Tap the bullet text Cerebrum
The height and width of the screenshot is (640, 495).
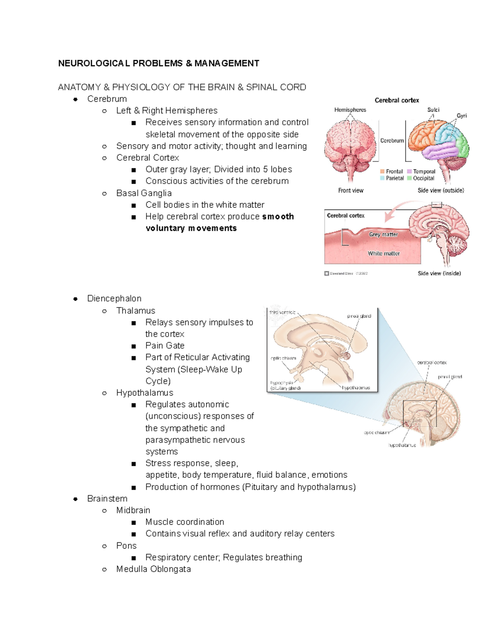(107, 99)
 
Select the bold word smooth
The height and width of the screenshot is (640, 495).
(278, 216)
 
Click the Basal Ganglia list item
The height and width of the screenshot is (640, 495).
(144, 193)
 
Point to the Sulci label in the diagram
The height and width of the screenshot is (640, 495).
(433, 110)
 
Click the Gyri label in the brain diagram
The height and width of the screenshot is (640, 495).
(462, 116)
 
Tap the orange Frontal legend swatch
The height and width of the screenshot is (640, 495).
(382, 171)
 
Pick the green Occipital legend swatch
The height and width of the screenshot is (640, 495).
(410, 178)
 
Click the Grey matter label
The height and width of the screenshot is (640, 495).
(383, 234)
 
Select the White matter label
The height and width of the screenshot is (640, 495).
(384, 253)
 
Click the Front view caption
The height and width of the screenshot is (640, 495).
(351, 190)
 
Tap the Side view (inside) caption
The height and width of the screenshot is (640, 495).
(439, 273)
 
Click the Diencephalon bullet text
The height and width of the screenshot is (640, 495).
(114, 298)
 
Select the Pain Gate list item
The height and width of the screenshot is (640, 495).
(165, 345)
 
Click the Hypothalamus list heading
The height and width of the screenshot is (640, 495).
(144, 393)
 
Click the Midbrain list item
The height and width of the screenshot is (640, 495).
(133, 510)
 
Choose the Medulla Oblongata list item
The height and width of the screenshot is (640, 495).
(153, 569)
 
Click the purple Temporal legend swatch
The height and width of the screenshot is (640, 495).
(410, 171)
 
